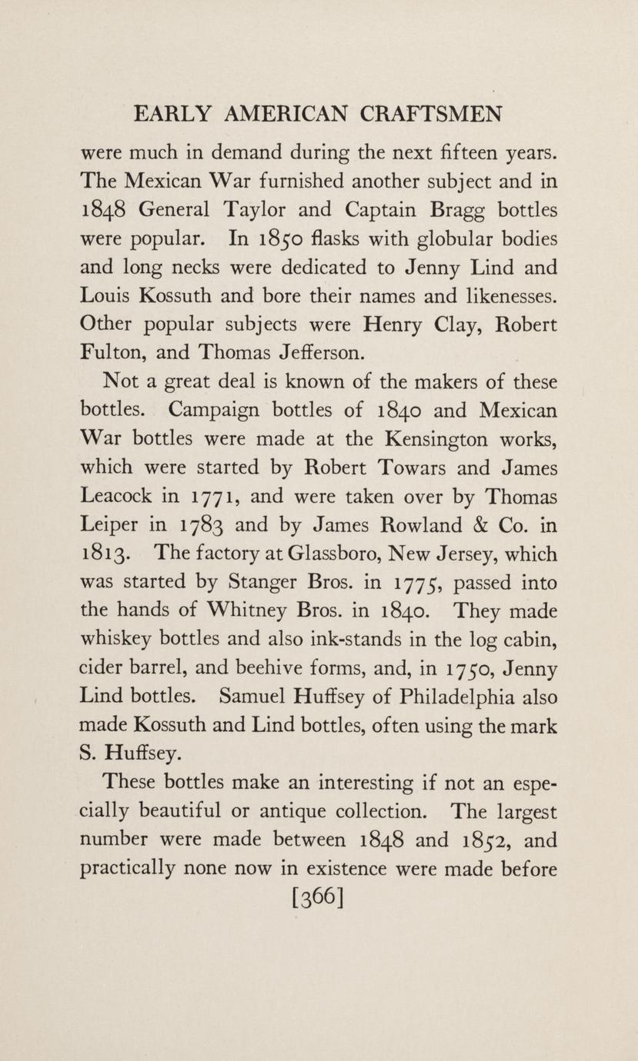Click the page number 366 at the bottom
pos(318,896)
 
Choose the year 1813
pos(104,554)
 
